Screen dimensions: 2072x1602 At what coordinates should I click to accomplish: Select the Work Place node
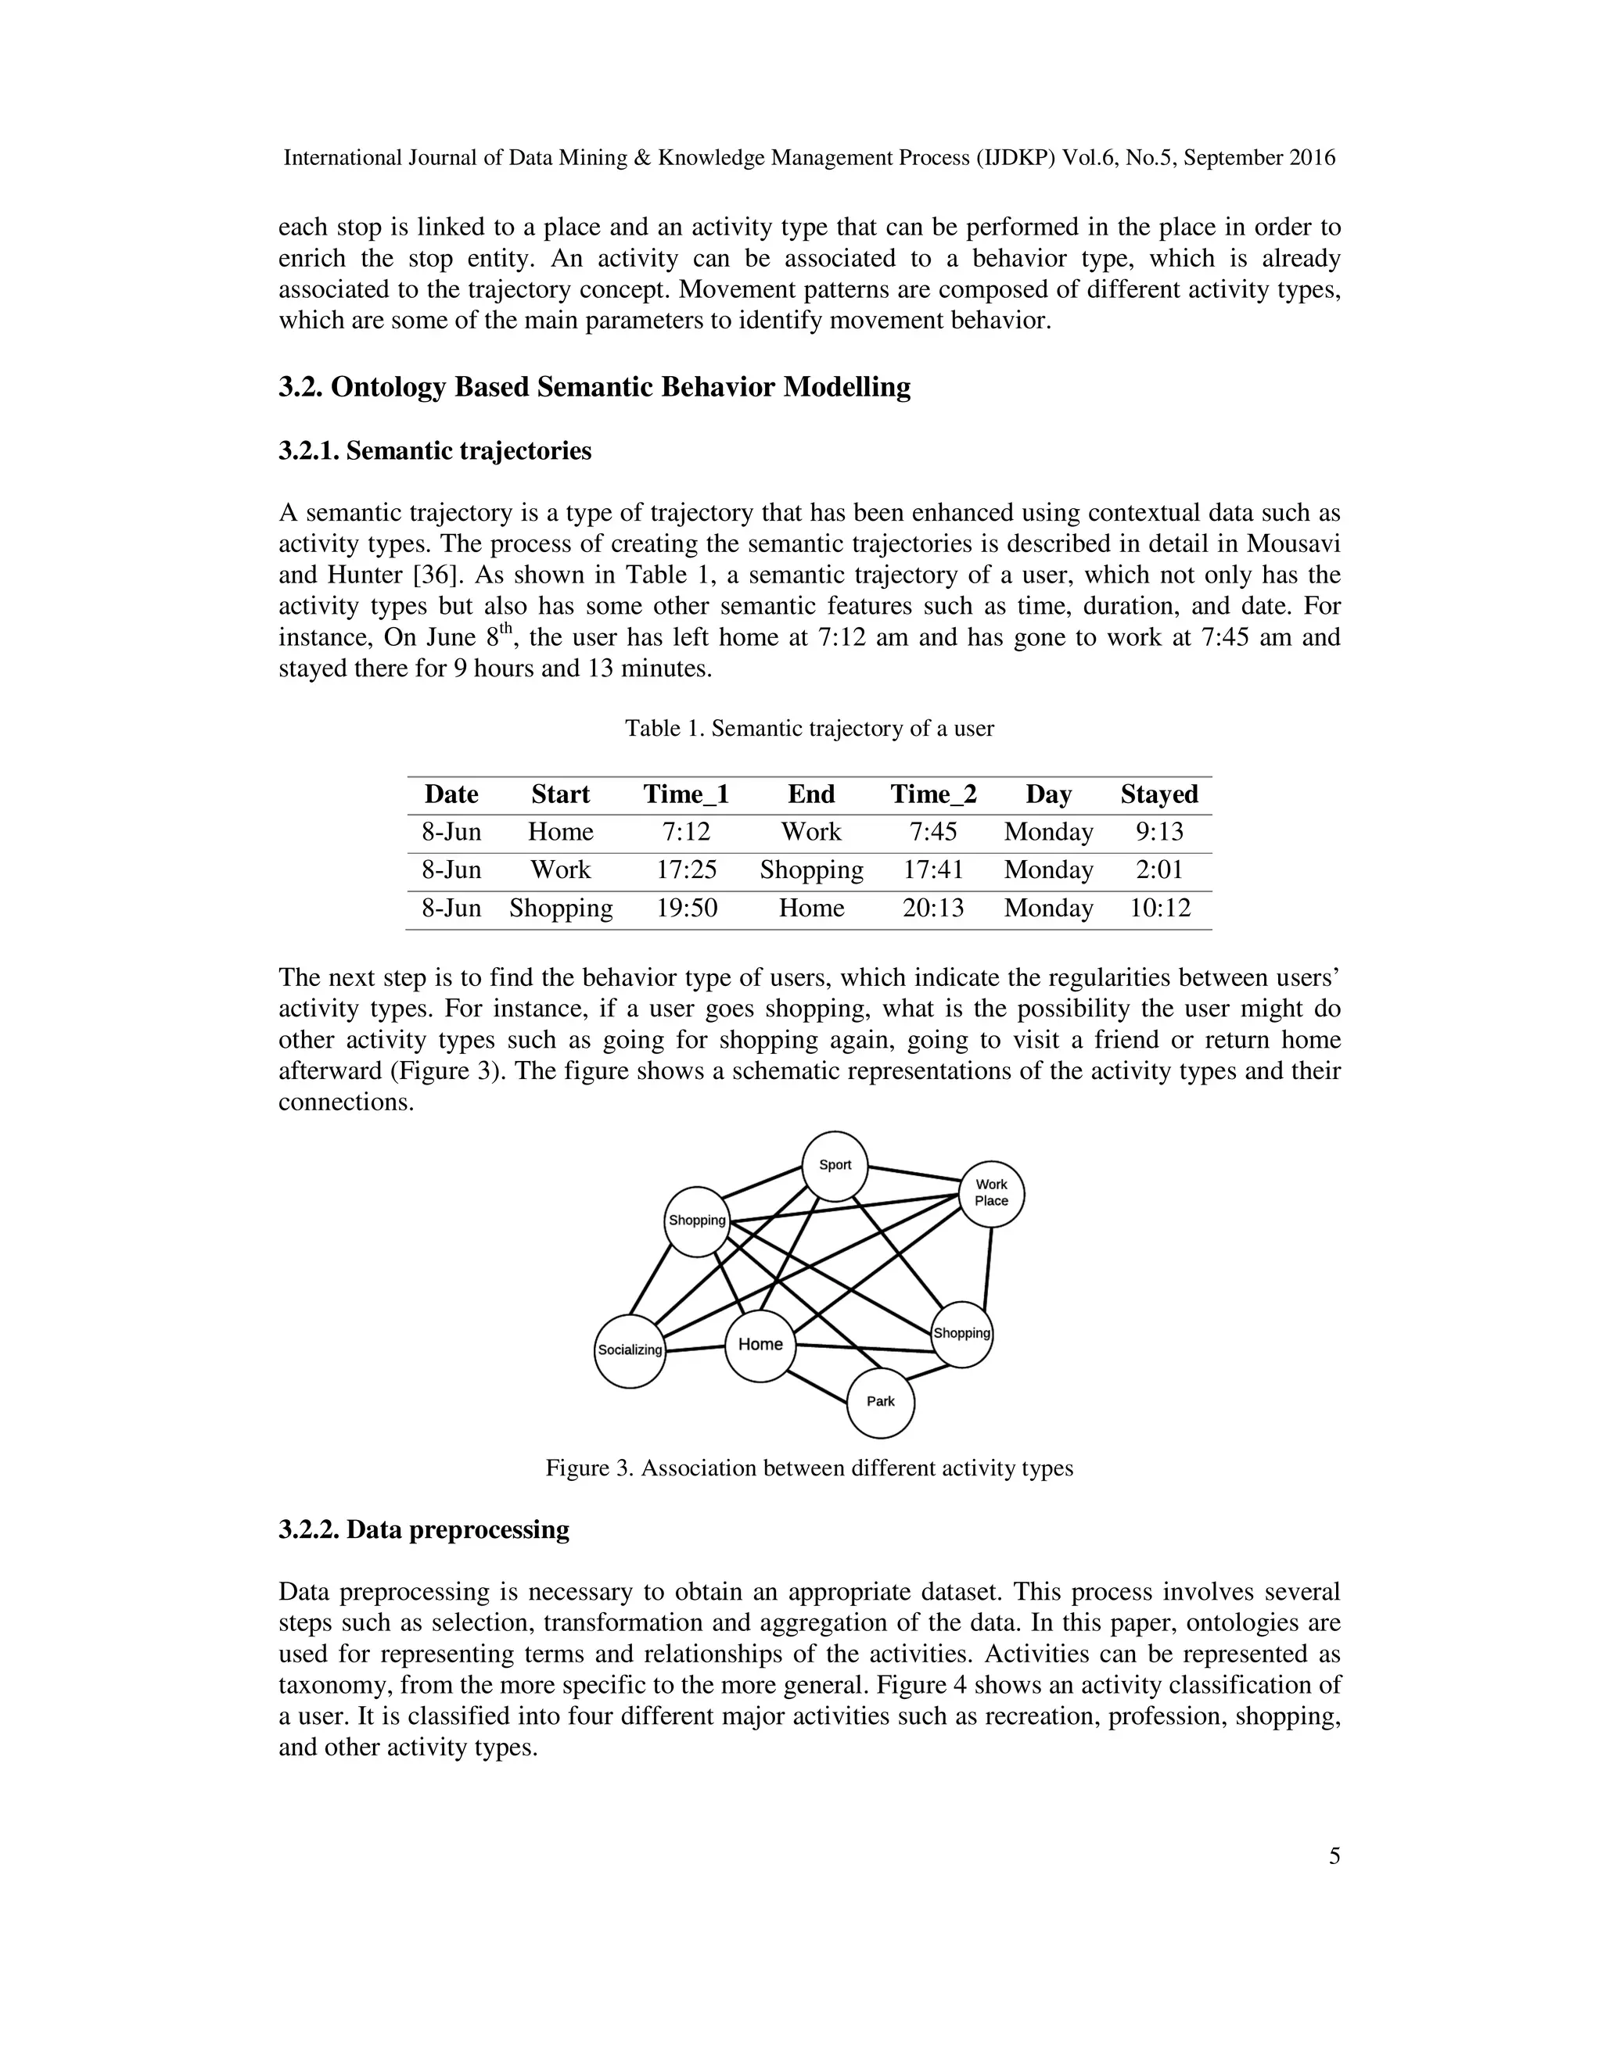(x=991, y=1193)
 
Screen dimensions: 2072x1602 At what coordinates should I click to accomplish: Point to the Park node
(x=880, y=1401)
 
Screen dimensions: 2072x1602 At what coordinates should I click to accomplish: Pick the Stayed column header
(x=1158, y=794)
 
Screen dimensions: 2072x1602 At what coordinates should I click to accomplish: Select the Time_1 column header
(x=686, y=794)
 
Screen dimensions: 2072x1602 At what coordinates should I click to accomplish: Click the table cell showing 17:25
(x=686, y=870)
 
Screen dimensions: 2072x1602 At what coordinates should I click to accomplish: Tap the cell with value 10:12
(x=1158, y=908)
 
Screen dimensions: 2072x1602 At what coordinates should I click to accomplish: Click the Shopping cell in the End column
(x=810, y=870)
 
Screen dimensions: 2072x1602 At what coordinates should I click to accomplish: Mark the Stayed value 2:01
(x=1158, y=870)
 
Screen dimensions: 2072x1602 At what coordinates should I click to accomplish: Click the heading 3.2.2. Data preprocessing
(x=423, y=1529)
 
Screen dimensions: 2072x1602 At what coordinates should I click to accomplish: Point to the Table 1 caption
(x=809, y=729)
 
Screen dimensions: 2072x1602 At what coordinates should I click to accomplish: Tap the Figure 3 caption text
(x=809, y=1468)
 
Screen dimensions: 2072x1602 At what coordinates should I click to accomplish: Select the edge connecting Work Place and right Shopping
(x=988, y=1267)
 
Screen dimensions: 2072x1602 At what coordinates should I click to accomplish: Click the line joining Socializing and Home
(x=695, y=1348)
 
